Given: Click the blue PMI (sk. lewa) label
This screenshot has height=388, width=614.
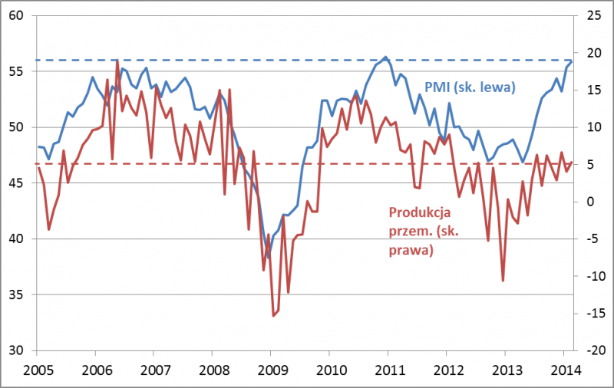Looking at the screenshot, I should pos(469,87).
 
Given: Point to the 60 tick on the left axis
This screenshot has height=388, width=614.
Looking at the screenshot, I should pos(17,15).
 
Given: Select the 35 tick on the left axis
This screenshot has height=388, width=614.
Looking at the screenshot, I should pos(17,294).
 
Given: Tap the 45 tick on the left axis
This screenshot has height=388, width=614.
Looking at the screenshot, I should pos(17,183).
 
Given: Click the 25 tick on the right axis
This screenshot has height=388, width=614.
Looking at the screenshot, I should pos(593,15).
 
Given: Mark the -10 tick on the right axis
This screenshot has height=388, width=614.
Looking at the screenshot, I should pos(593,276).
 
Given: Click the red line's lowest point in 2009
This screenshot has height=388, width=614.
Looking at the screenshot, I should pos(272,315).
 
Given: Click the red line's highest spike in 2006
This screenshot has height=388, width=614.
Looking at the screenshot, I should pos(117,60).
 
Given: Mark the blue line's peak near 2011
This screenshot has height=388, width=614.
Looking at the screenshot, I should pos(385,57).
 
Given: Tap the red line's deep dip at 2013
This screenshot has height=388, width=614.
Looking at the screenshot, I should pos(503,281).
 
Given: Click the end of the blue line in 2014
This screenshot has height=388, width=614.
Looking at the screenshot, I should pos(572,61).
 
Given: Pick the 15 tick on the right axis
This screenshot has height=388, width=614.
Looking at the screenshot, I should pos(593,90).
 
